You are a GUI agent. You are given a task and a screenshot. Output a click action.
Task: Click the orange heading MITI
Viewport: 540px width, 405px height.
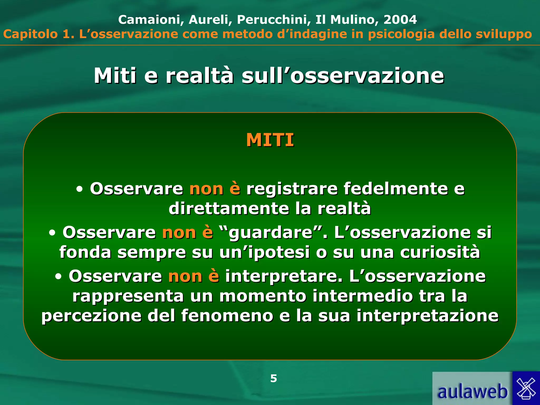(x=270, y=140)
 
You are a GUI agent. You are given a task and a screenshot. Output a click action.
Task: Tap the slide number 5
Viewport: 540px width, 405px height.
(x=273, y=378)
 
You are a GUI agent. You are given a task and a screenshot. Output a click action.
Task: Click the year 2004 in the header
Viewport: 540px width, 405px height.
(x=400, y=20)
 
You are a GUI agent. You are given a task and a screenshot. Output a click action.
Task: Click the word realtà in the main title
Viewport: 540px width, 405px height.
(x=200, y=76)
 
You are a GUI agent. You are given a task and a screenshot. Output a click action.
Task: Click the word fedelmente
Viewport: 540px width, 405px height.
(x=396, y=189)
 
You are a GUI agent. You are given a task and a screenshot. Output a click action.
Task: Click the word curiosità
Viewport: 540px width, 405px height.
(x=440, y=252)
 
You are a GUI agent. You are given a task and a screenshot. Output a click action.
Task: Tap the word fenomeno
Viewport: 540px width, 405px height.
(x=227, y=316)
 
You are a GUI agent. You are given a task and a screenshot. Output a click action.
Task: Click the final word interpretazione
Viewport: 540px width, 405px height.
(x=427, y=316)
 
